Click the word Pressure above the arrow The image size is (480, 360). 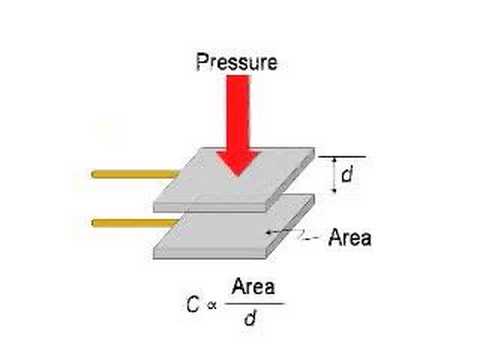coord(236,62)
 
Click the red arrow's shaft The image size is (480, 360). coord(238,113)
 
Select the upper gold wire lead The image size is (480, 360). coord(135,174)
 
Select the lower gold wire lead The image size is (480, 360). coord(135,223)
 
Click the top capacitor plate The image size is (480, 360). coord(234,179)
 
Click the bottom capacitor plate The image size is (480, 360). coord(234,227)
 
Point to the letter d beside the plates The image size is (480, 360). coord(347,174)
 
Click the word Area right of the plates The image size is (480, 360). coord(350,238)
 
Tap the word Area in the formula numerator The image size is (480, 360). coord(253,286)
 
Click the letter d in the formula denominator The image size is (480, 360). coord(250,318)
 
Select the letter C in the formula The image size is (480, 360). coord(193,304)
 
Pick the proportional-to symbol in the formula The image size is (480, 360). coord(211,305)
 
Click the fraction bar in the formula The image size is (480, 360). coord(254,304)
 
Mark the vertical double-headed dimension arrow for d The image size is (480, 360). coord(335,175)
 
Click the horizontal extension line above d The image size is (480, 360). coord(342,156)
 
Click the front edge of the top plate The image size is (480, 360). coord(210,207)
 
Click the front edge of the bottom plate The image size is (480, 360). coord(210,254)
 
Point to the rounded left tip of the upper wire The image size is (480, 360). coord(92,174)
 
